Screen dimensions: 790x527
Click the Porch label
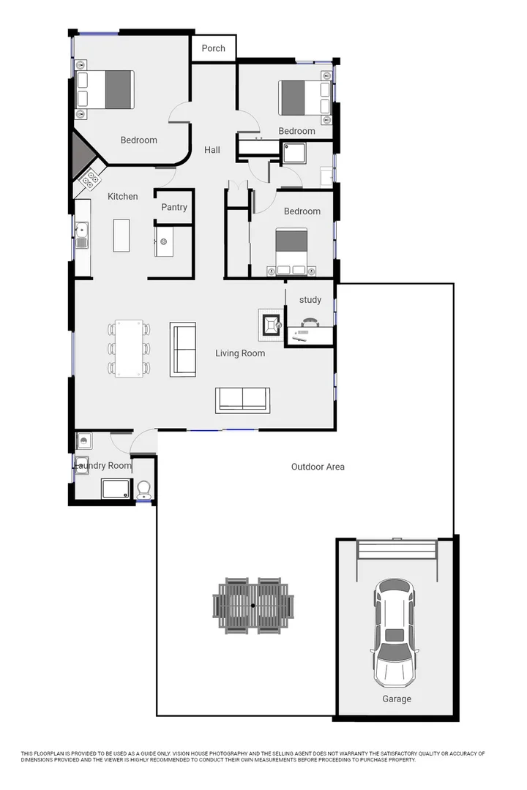[214, 48]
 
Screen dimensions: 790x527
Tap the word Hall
[212, 150]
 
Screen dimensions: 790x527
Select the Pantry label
[174, 207]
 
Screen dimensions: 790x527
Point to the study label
[310, 300]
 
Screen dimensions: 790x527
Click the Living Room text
[240, 353]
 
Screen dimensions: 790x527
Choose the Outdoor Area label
[318, 467]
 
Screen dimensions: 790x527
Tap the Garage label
[397, 699]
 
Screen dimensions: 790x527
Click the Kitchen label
[123, 196]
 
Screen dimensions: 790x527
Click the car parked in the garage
[396, 632]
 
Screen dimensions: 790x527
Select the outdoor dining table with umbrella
[253, 606]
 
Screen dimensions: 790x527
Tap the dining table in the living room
[129, 349]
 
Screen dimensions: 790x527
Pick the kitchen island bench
[122, 236]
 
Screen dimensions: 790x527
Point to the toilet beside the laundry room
[144, 489]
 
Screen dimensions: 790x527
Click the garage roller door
[396, 549]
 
